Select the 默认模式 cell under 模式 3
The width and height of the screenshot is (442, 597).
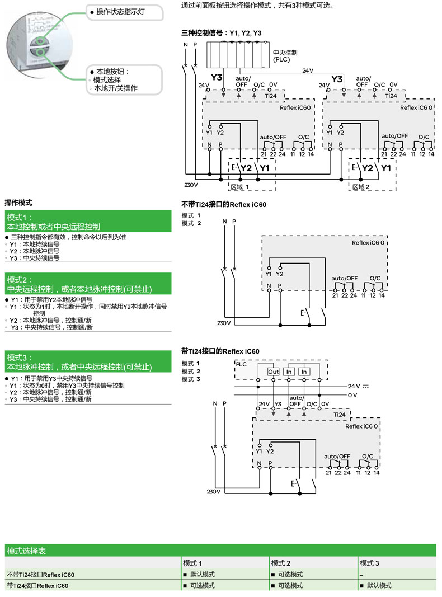pos(379,585)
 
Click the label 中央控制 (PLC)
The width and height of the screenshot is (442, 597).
pos(285,55)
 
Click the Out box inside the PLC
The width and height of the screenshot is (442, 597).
pos(273,372)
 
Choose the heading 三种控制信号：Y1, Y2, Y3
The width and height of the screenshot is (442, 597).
pos(222,34)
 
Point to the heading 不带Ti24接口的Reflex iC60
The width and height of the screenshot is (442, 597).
pos(224,204)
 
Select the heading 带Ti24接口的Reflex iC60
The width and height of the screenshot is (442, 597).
pos(220,351)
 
